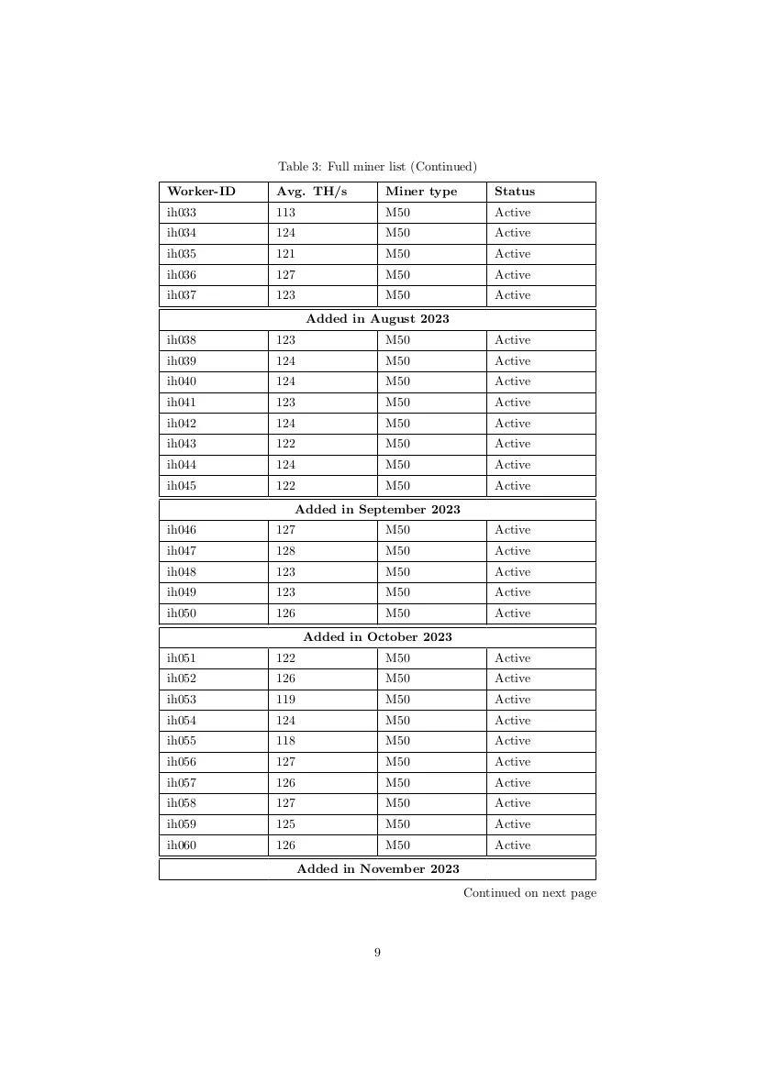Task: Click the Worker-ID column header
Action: pyautogui.click(x=201, y=192)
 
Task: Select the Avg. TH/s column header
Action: pyautogui.click(x=312, y=192)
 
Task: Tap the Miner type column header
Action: pyautogui.click(x=420, y=192)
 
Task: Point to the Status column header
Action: pyautogui.click(x=514, y=192)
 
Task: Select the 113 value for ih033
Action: pyautogui.click(x=285, y=213)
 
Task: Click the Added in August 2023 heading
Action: pyautogui.click(x=377, y=319)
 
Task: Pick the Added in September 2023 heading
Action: pyautogui.click(x=377, y=509)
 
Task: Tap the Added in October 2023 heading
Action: pyautogui.click(x=377, y=636)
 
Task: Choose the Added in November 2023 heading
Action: pyautogui.click(x=377, y=868)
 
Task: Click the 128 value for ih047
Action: pyautogui.click(x=285, y=551)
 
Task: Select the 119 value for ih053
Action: pyautogui.click(x=285, y=700)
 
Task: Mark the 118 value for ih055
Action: pyautogui.click(x=285, y=741)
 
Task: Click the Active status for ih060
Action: pyautogui.click(x=512, y=845)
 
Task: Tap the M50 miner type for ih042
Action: pyautogui.click(x=397, y=424)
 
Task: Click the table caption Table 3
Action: pyautogui.click(x=377, y=166)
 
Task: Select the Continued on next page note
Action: pyautogui.click(x=529, y=892)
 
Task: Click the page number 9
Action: pyautogui.click(x=377, y=953)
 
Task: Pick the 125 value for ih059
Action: pyautogui.click(x=285, y=824)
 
